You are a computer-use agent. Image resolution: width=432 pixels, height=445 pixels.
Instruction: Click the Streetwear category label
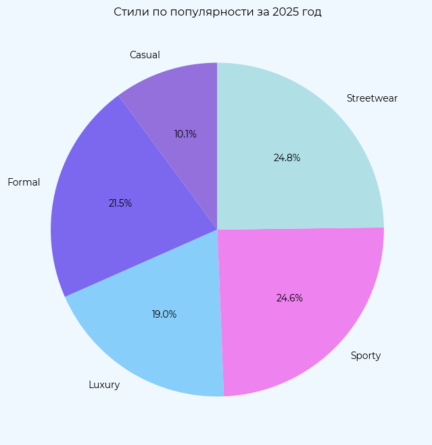point(372,98)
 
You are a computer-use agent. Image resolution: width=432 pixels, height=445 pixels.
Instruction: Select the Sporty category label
point(366,356)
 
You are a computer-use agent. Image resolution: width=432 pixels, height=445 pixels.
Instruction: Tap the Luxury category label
point(104,385)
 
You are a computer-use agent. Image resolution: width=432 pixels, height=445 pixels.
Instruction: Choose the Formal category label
point(24,182)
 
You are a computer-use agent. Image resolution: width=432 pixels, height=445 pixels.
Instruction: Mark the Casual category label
point(145,55)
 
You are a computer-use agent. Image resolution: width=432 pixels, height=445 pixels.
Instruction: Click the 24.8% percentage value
point(287,158)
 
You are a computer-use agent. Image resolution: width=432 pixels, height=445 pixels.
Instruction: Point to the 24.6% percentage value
point(289,298)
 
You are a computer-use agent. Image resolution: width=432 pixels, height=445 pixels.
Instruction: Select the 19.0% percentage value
point(164,314)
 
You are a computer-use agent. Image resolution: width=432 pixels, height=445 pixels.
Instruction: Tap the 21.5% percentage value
point(120,203)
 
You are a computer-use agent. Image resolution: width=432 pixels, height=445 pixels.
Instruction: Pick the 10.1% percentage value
point(185,134)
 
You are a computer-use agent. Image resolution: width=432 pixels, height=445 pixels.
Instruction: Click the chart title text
point(217,12)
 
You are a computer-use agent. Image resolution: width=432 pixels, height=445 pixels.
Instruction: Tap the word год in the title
point(312,12)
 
